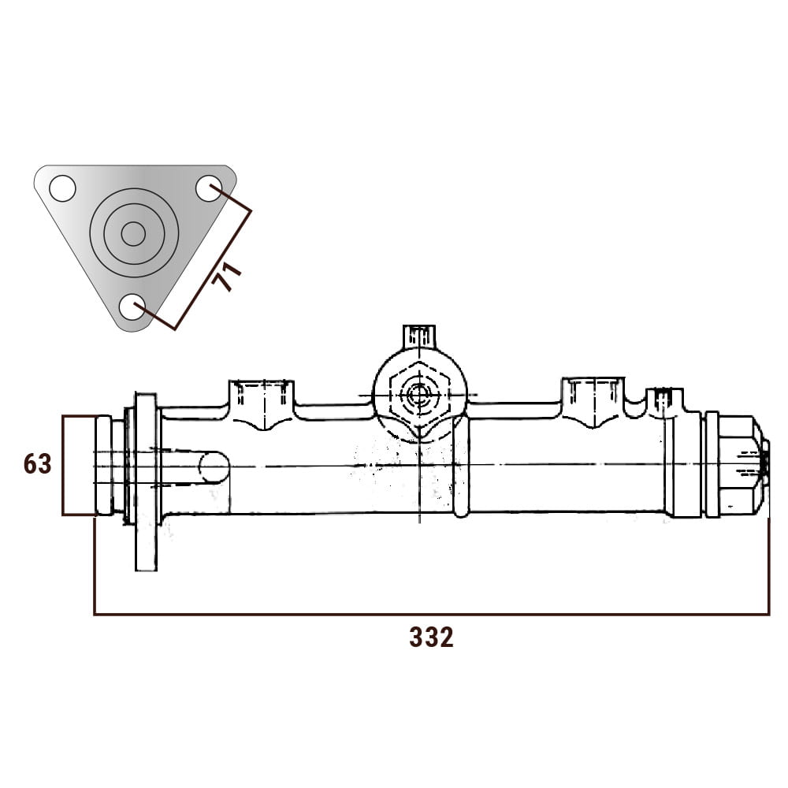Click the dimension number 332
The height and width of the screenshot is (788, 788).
point(431,637)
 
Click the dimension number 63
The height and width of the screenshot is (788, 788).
point(37,464)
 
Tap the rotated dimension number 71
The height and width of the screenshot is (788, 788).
point(227,277)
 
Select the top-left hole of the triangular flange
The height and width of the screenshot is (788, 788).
point(62,188)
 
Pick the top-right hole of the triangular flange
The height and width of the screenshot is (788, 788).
point(209,188)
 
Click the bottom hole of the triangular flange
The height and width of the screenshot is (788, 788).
point(132,307)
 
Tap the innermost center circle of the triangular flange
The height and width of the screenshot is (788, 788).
point(134,234)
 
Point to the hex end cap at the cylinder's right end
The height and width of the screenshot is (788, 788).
point(738,466)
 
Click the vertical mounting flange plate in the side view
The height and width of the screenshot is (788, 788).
point(147,482)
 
